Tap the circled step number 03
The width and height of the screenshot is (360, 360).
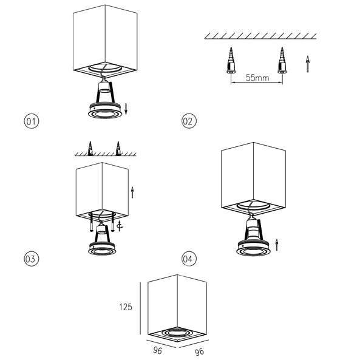point(31,259)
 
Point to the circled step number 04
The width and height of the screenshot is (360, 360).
point(189,259)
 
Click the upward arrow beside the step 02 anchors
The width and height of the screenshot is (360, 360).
point(308,63)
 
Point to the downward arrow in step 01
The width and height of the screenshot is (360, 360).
point(126,109)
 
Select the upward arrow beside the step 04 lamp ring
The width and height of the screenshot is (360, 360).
point(277,244)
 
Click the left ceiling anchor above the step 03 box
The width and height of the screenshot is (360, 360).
point(90,148)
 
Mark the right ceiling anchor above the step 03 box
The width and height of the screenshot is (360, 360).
point(118,148)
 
